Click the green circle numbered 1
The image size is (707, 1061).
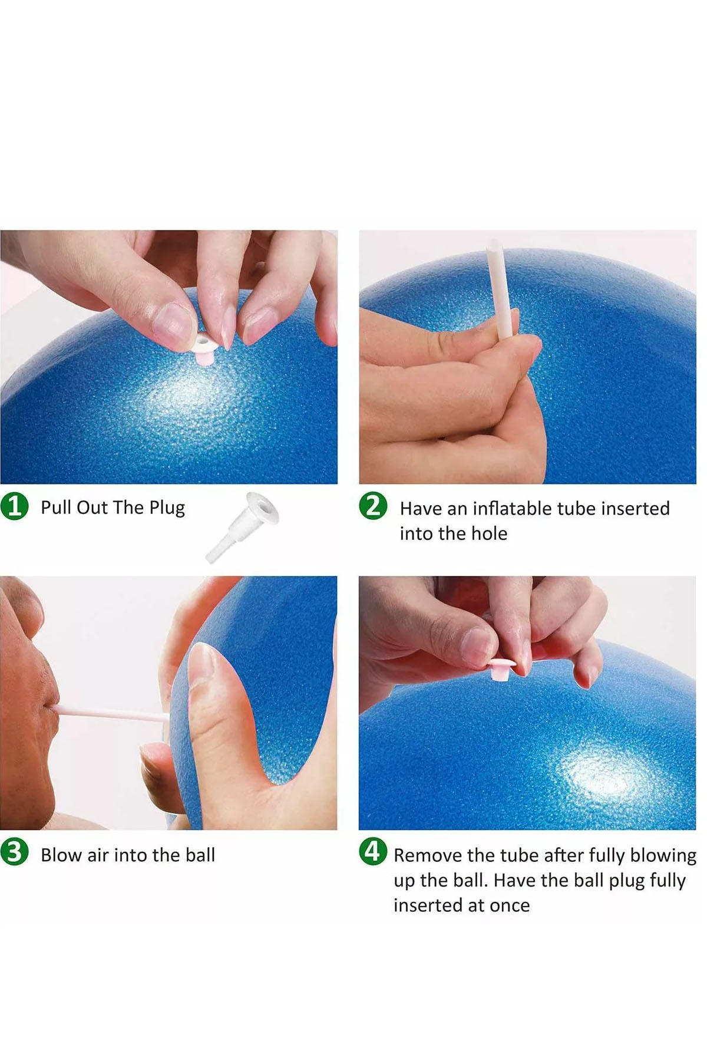click(15, 507)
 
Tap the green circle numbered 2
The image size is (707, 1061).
click(373, 506)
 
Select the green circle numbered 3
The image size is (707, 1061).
click(15, 853)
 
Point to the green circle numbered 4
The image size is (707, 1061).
click(373, 852)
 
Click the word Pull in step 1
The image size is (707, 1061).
click(55, 508)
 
